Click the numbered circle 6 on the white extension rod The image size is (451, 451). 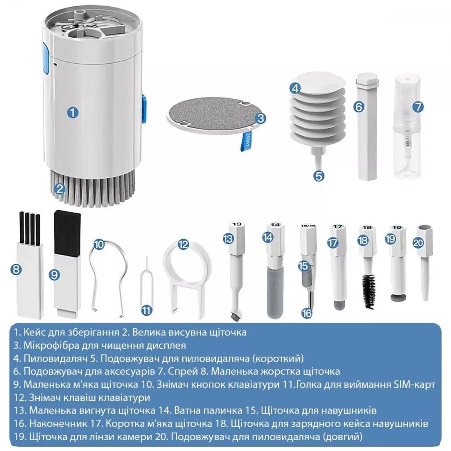tap(359, 107)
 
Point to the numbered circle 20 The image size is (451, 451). tap(419, 242)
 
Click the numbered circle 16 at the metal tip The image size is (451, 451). tap(307, 313)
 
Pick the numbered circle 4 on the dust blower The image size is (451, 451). tap(295, 89)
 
